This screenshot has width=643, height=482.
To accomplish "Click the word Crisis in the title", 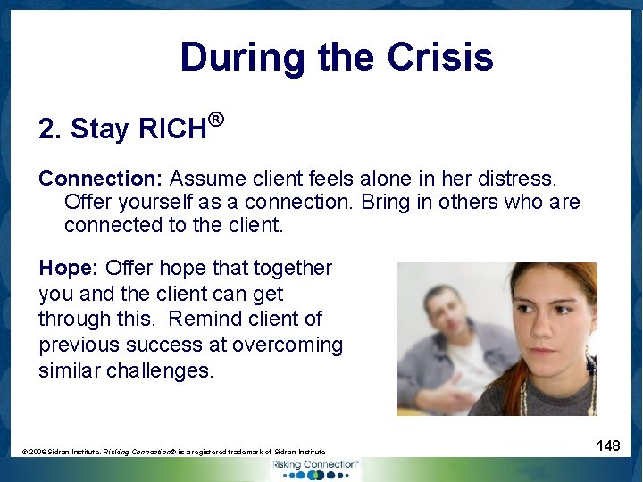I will click(440, 58).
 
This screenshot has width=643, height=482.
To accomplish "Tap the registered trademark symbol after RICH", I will click(214, 118).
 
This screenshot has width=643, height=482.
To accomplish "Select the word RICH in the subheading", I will click(172, 129).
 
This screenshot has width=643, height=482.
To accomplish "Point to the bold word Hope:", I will click(69, 268).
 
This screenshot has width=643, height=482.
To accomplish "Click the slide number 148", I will click(608, 445).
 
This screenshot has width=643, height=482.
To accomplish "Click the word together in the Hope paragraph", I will click(293, 268).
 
